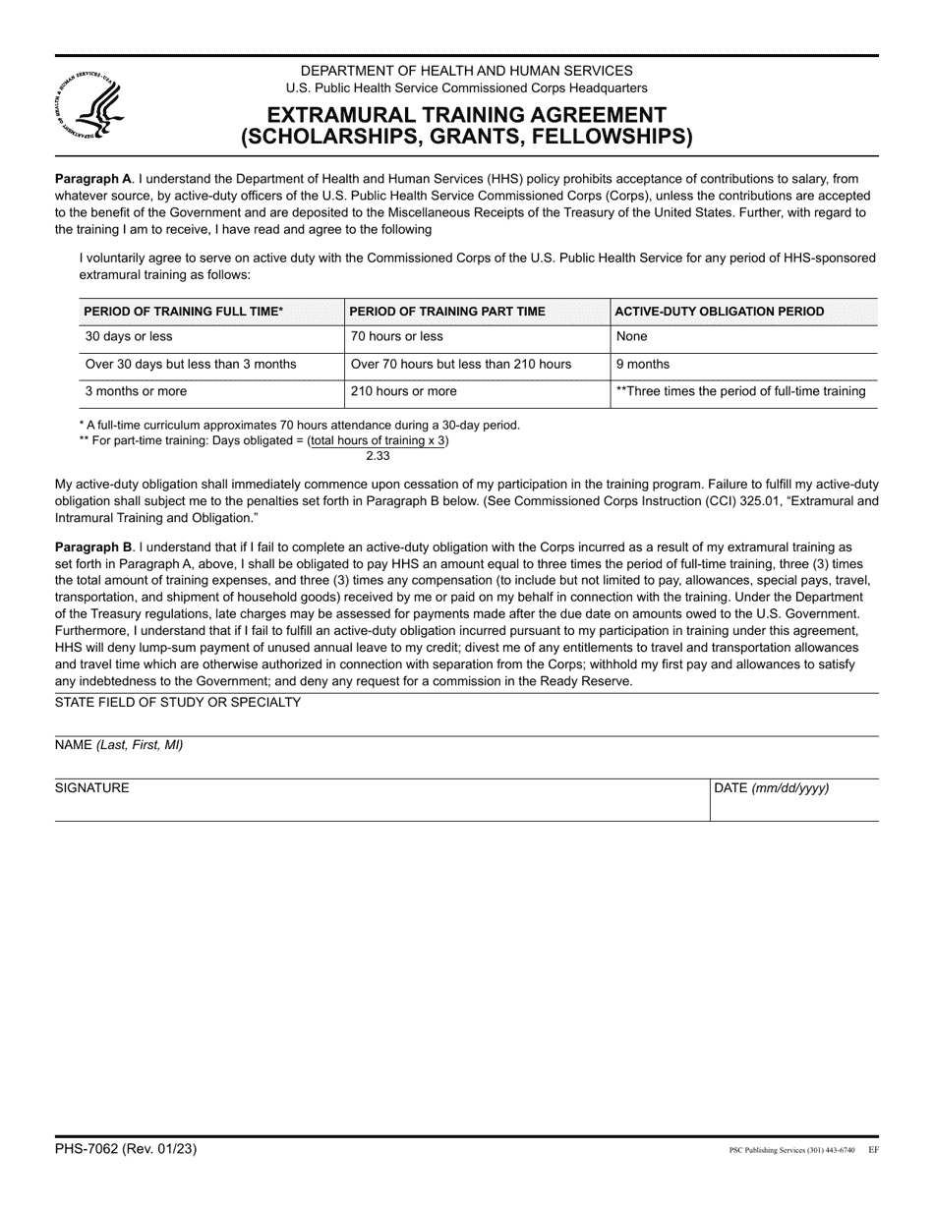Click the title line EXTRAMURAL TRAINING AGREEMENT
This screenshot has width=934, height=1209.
click(x=467, y=115)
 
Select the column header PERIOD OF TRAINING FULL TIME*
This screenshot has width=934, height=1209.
click(x=184, y=312)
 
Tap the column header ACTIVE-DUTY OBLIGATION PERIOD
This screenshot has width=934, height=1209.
click(x=719, y=312)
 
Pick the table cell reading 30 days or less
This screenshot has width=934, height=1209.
click(x=129, y=336)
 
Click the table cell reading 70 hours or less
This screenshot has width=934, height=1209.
click(x=397, y=336)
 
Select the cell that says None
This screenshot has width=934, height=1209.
click(x=631, y=336)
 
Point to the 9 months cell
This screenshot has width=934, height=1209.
click(x=642, y=364)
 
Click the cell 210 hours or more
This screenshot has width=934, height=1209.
click(x=404, y=391)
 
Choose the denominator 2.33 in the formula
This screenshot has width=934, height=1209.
click(x=379, y=456)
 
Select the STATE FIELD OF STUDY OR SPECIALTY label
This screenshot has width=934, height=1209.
click(x=178, y=702)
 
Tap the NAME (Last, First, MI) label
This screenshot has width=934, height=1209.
click(x=119, y=745)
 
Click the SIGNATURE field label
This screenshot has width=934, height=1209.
click(x=91, y=788)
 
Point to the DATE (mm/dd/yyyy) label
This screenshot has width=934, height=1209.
click(x=771, y=788)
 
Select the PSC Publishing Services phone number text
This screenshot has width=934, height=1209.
click(x=790, y=1150)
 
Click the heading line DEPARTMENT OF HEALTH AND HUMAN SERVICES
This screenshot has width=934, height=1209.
click(x=467, y=71)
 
